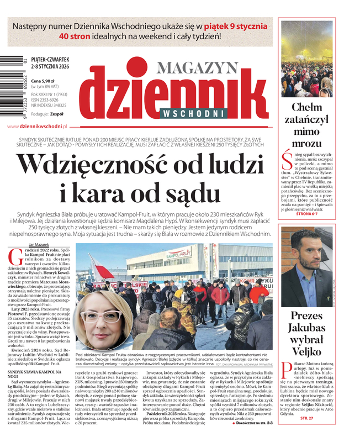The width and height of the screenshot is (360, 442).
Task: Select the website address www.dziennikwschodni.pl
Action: pos(37,127)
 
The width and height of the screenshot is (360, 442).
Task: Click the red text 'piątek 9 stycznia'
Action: pos(234,26)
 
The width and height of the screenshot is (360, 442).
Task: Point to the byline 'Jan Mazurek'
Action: pos(39,244)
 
